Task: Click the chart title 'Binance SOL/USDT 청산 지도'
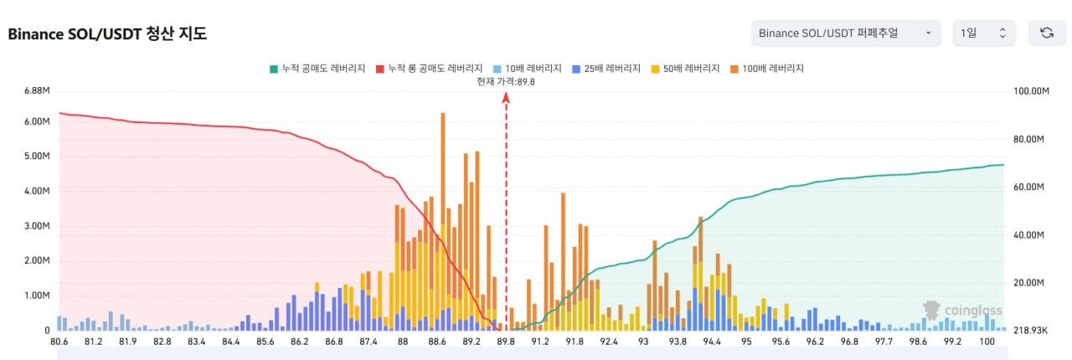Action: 107,33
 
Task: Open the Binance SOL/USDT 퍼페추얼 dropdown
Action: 844,33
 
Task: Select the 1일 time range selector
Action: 983,33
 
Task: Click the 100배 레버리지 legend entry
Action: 766,68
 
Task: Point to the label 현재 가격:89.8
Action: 505,81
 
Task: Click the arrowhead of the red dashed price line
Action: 506,97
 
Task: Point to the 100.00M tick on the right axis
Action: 1032,90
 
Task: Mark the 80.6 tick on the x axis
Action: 59,342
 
